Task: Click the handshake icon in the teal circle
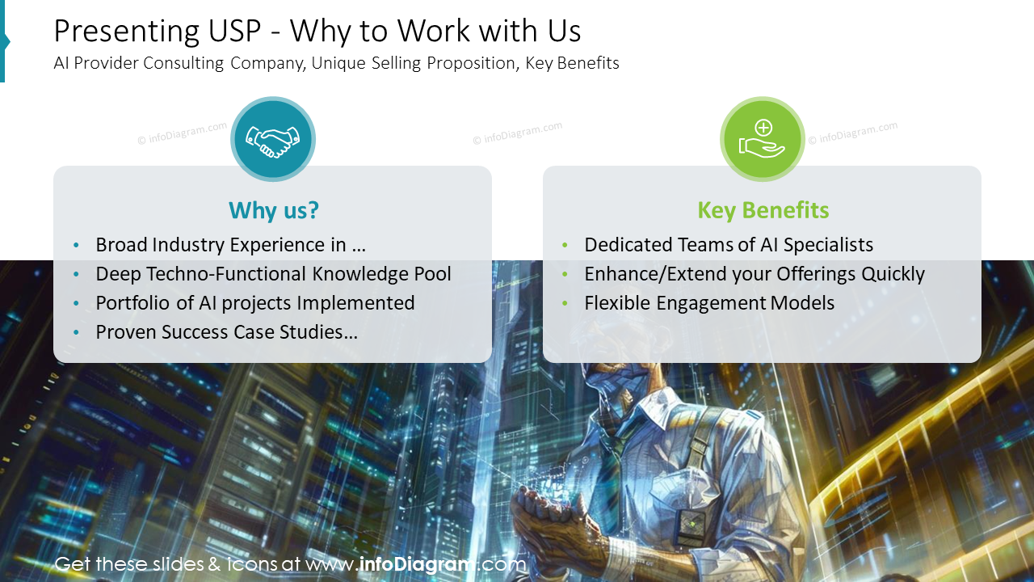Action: pyautogui.click(x=273, y=140)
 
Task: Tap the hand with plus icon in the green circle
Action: pyautogui.click(x=763, y=140)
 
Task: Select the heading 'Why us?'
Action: pyautogui.click(x=273, y=210)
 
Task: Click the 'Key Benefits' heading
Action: pyautogui.click(x=763, y=210)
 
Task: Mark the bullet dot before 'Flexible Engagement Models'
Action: pyautogui.click(x=565, y=304)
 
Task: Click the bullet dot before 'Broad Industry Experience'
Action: pyautogui.click(x=77, y=246)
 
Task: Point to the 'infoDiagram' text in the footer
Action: pyautogui.click(x=416, y=564)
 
